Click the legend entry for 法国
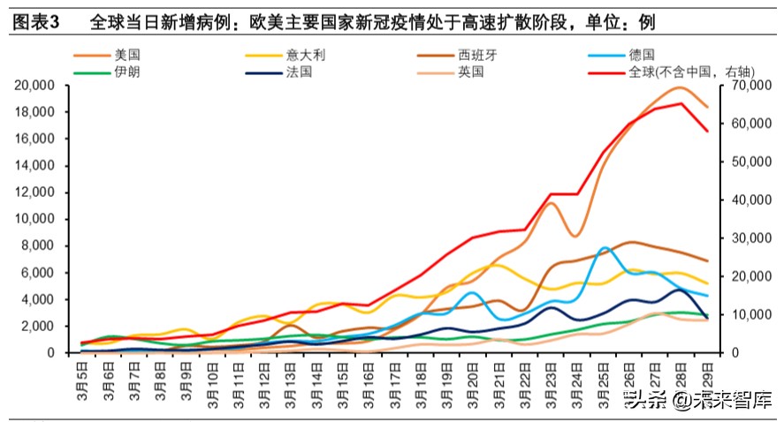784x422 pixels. click(299, 72)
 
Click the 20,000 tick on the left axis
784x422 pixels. click(36, 86)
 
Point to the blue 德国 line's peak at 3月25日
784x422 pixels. click(604, 248)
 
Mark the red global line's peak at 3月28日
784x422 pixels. click(681, 103)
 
